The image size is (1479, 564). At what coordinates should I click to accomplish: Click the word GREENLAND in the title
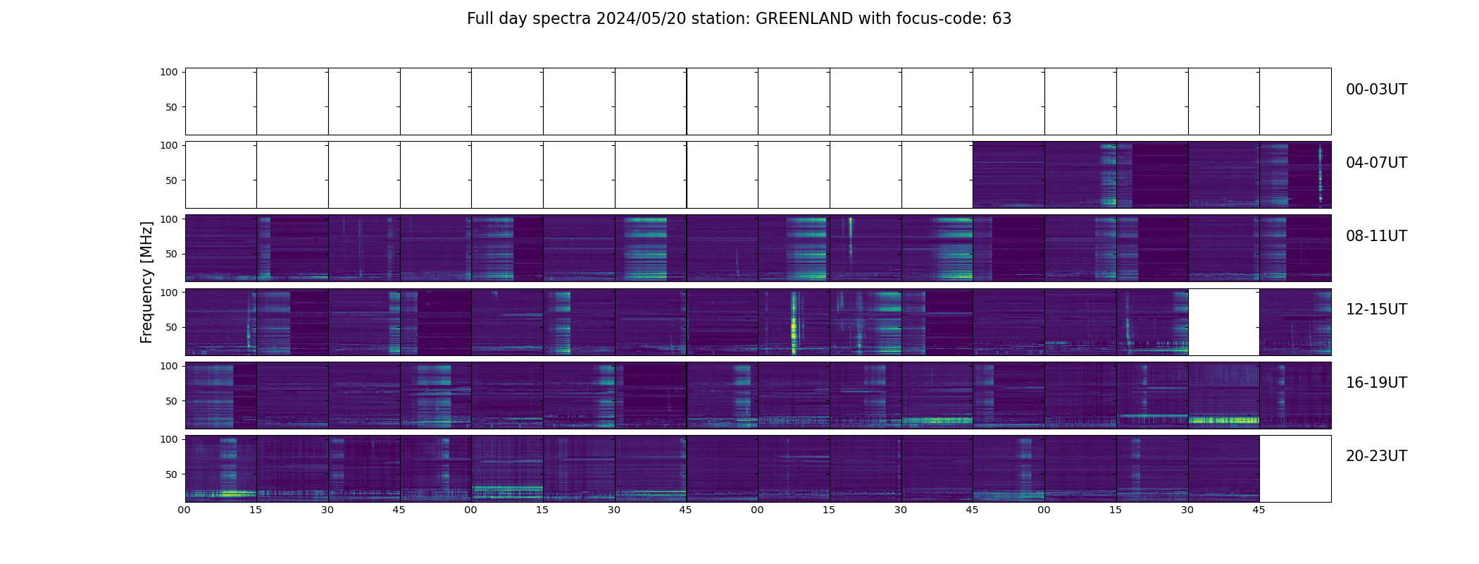[804, 19]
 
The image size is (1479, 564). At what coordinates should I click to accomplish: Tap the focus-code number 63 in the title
[1001, 19]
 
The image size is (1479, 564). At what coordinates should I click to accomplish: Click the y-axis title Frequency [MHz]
[146, 282]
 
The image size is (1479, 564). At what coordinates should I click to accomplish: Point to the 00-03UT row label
[1376, 90]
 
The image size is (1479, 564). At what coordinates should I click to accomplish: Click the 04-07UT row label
[1376, 163]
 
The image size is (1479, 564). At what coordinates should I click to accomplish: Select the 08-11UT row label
[1376, 236]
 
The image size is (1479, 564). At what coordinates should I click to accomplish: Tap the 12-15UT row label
[1376, 309]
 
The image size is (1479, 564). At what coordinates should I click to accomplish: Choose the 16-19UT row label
[1376, 383]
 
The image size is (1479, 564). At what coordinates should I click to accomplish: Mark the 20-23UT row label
[1376, 456]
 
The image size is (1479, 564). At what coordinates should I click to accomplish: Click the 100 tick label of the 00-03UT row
[169, 72]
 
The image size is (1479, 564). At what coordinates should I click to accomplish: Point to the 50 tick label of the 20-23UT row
[171, 474]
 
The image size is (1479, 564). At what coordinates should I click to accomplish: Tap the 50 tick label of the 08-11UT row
[171, 254]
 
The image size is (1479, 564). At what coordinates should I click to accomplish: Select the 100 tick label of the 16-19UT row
[169, 366]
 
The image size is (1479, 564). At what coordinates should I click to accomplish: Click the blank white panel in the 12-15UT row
[1223, 321]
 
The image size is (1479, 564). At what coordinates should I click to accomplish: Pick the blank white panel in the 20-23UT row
[1294, 468]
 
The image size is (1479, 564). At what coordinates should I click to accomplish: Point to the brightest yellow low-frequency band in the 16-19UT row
[1223, 420]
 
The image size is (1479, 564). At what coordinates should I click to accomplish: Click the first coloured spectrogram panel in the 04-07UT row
[1008, 174]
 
